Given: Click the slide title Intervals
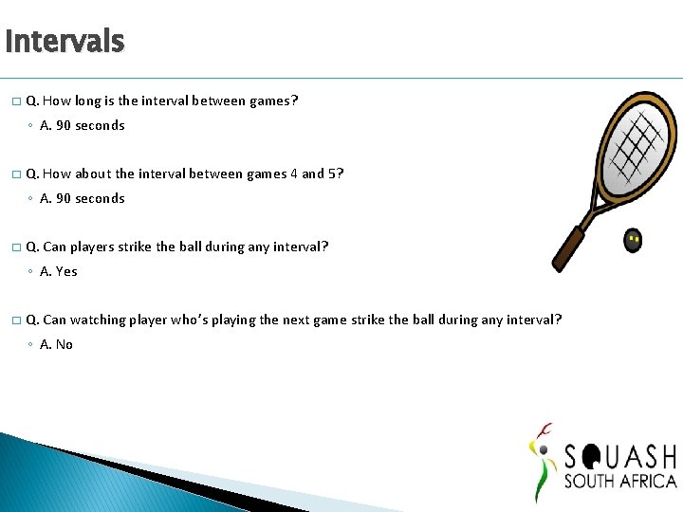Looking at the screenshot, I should click(x=64, y=42).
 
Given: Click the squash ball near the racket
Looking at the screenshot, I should click(x=633, y=241).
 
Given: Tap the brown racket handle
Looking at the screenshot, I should click(x=570, y=247).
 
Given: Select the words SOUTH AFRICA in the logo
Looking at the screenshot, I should click(x=619, y=481).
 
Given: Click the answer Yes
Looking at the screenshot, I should click(x=65, y=271).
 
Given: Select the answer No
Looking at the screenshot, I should click(x=64, y=344).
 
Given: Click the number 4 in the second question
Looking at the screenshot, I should click(x=294, y=174).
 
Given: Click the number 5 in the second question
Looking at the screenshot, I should click(x=338, y=174).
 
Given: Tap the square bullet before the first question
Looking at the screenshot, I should click(x=15, y=101).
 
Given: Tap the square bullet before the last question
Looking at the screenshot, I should click(x=15, y=320).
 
